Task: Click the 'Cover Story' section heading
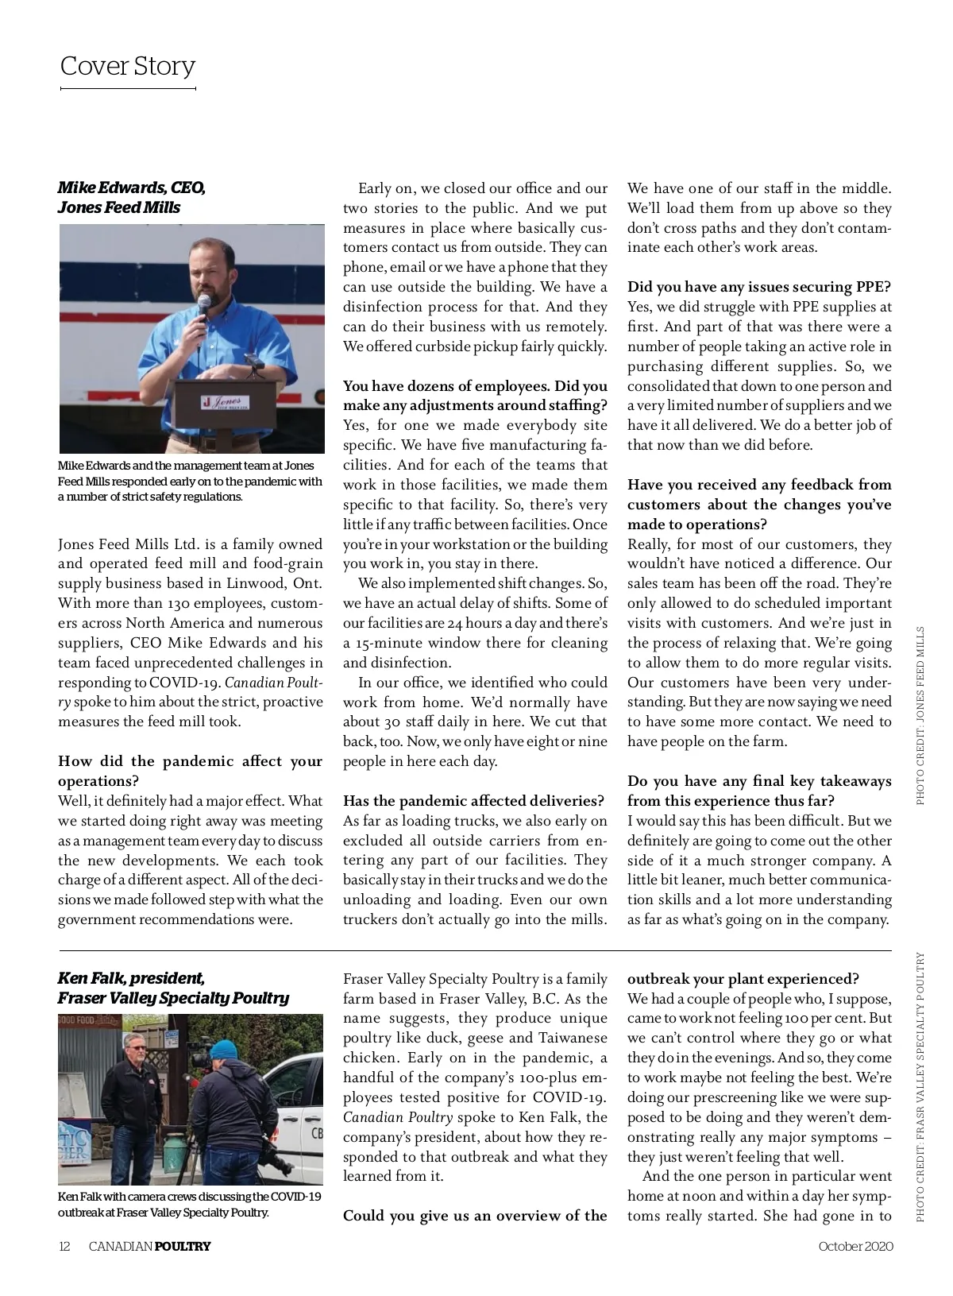(127, 66)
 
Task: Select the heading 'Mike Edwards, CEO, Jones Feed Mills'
(131, 198)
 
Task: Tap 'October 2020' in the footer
(855, 1246)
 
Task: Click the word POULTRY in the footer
(183, 1246)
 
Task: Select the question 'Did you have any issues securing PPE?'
(759, 287)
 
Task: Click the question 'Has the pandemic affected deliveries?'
(473, 801)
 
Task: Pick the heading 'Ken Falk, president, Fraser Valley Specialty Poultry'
(173, 988)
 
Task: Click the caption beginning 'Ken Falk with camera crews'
(189, 1205)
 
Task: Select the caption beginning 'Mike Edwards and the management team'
(190, 481)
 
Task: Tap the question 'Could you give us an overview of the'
(475, 1216)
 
